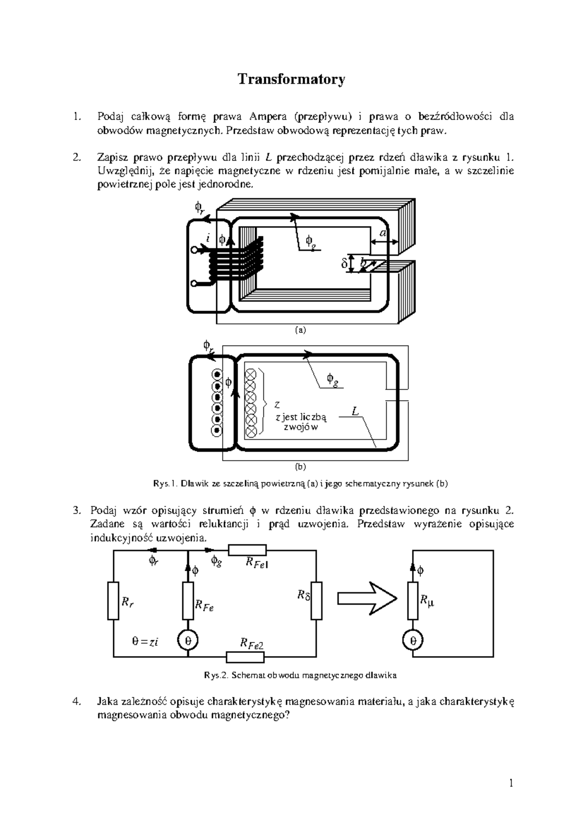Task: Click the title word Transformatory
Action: pos(291,79)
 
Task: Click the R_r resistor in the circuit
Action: pos(113,601)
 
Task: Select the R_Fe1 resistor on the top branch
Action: pos(247,550)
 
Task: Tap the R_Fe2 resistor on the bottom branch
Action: pos(245,657)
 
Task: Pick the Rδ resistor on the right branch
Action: pos(316,601)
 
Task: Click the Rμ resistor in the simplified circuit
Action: pos(413,601)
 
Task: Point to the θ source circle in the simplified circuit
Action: pos(413,641)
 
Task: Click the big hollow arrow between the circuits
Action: pos(367,598)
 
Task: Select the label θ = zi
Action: pos(145,642)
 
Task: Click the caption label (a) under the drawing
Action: pos(301,330)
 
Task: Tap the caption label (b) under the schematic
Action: pos(301,467)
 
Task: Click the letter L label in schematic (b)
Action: pos(355,412)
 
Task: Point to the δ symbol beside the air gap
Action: pos(344,264)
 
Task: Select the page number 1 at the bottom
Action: pos(511,783)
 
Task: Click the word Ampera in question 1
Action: pos(267,116)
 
